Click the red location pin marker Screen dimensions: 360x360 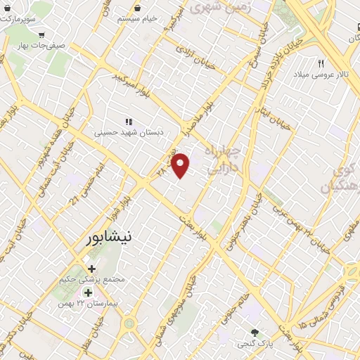[x=181, y=165]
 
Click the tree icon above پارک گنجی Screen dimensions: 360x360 [x=255, y=332]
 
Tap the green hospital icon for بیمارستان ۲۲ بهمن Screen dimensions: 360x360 [x=89, y=292]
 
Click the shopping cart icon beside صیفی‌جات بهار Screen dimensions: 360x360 [x=42, y=34]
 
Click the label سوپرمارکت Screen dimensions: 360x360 [x=17, y=17]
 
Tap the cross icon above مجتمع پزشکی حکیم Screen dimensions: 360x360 [x=91, y=268]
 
